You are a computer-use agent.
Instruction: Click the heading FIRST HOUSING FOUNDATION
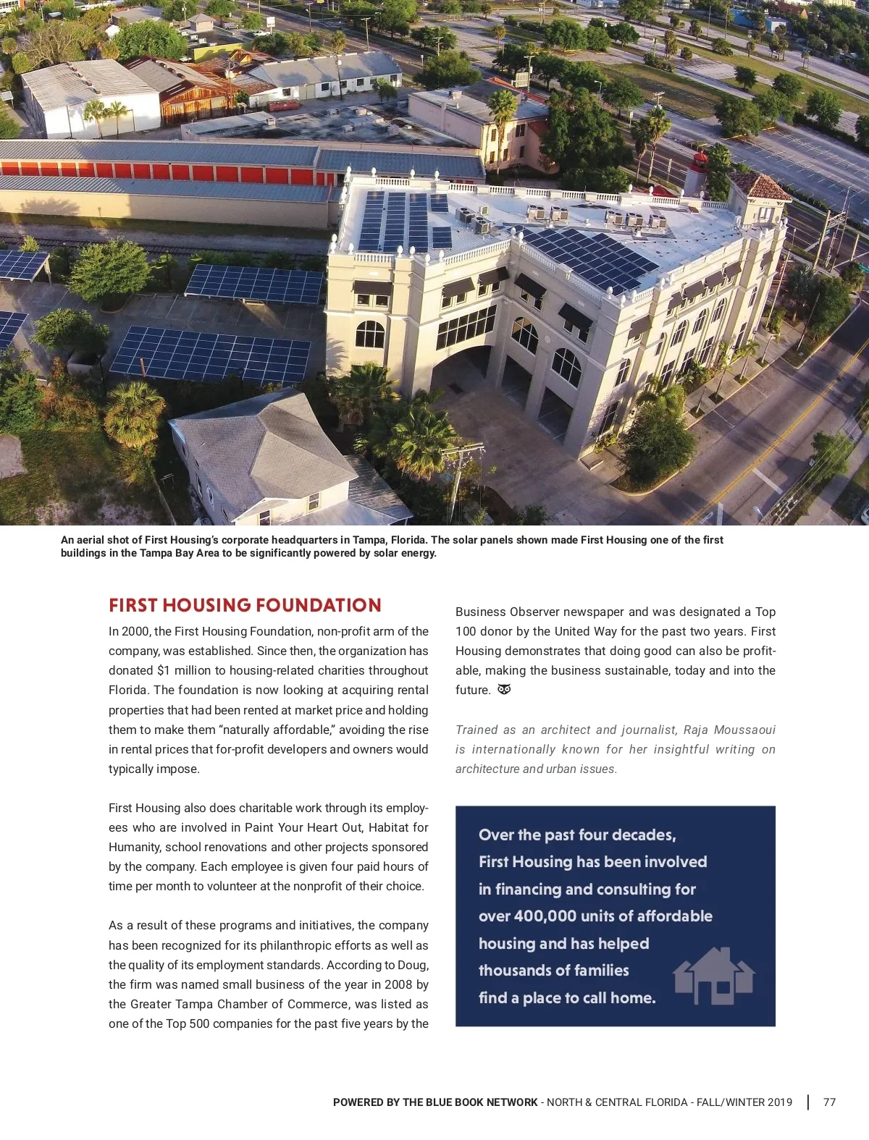245,605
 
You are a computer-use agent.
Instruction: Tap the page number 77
829,1102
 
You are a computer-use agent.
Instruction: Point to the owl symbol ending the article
505,689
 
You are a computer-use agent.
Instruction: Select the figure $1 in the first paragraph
163,670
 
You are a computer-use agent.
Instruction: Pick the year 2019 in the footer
779,1102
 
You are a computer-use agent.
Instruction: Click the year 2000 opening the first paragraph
136,631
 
